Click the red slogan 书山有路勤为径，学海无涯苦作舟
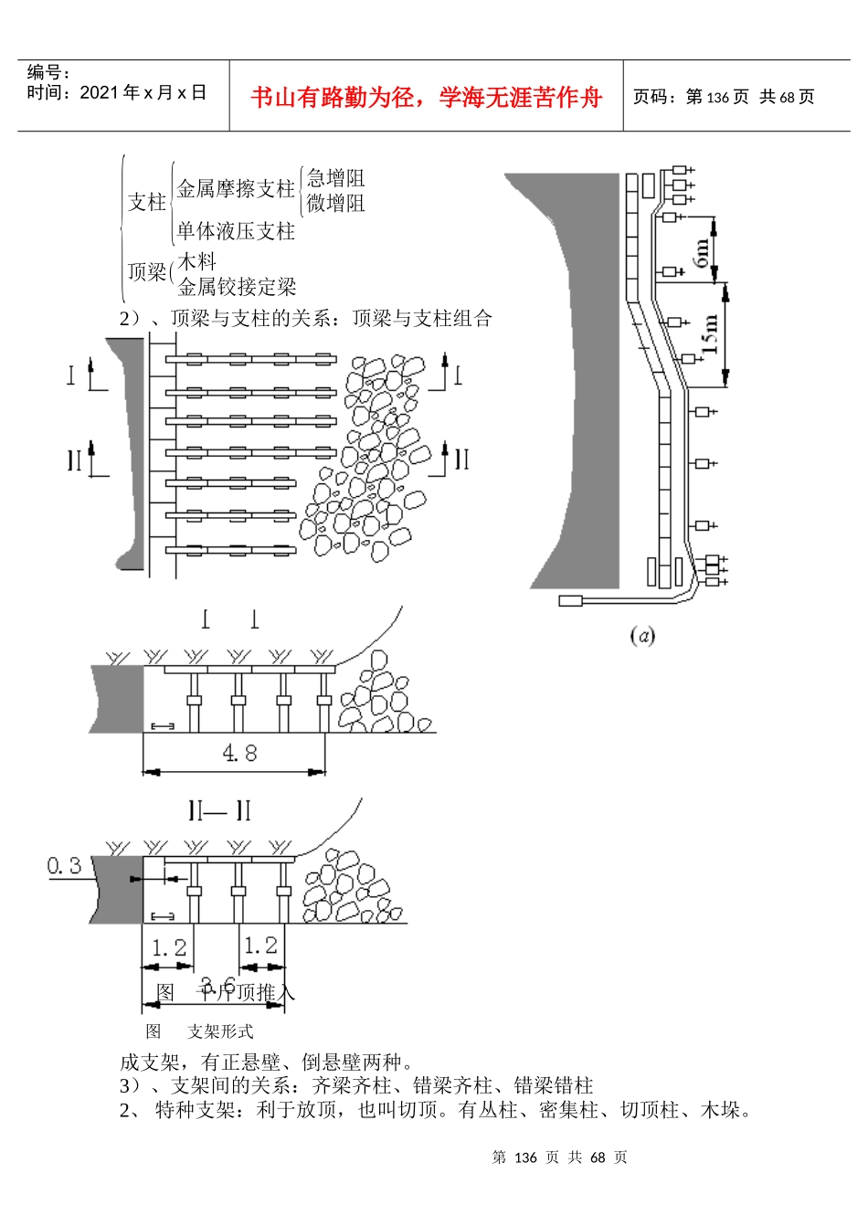click(x=427, y=97)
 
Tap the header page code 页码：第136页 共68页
click(x=724, y=97)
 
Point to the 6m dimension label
click(x=702, y=251)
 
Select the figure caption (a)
click(x=642, y=635)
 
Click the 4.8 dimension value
click(x=239, y=753)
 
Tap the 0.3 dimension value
click(x=64, y=864)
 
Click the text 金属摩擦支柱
click(x=236, y=189)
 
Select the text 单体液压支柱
click(x=236, y=231)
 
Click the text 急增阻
click(x=335, y=178)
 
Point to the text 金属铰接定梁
click(x=237, y=287)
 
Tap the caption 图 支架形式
click(x=199, y=1031)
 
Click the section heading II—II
click(x=219, y=810)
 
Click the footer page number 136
click(x=525, y=1157)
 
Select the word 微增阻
click(x=335, y=203)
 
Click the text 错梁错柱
click(x=554, y=1085)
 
